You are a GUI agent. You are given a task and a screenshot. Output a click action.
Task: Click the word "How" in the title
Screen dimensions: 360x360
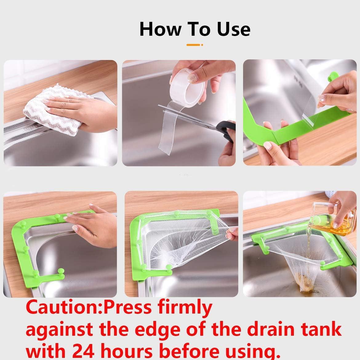(160, 29)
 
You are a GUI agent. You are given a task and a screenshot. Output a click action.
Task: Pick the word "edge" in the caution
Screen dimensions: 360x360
(158, 330)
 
